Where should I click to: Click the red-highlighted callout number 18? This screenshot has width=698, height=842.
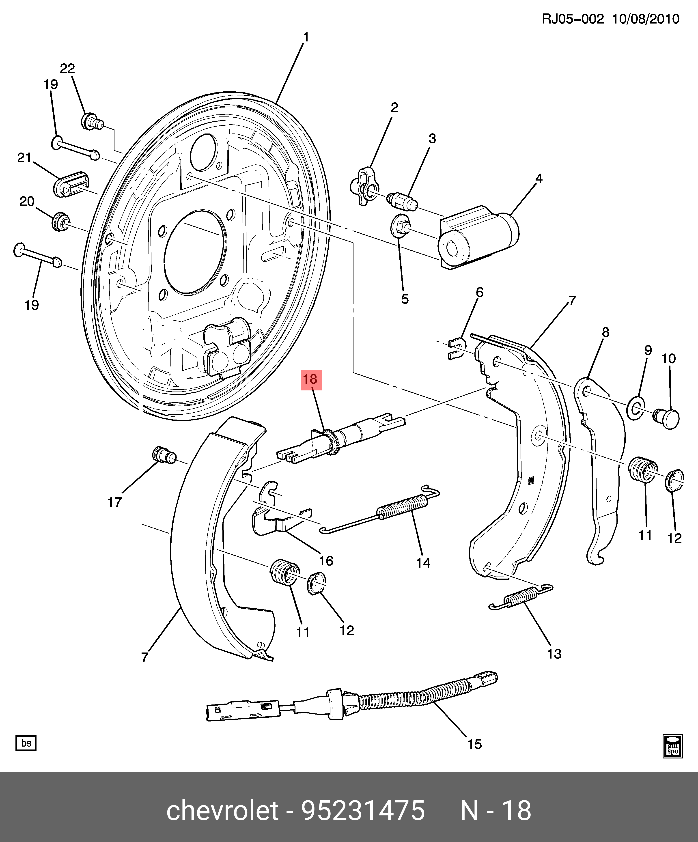pyautogui.click(x=311, y=379)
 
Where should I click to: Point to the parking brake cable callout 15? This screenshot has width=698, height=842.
pyautogui.click(x=474, y=744)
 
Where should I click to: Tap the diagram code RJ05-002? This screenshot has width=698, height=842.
pyautogui.click(x=573, y=19)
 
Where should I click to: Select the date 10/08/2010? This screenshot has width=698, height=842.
pyautogui.click(x=646, y=19)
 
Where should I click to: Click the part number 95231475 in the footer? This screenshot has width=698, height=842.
pyautogui.click(x=363, y=810)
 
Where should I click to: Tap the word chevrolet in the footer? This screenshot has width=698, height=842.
pyautogui.click(x=222, y=810)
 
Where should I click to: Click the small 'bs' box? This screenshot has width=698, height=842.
pyautogui.click(x=26, y=743)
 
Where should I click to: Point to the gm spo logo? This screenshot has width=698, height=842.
pyautogui.click(x=672, y=746)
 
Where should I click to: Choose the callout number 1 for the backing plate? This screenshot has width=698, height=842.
pyautogui.click(x=306, y=37)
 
